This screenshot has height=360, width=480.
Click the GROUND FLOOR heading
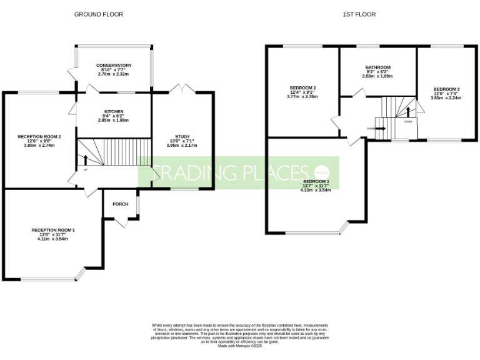pyautogui.click(x=99, y=14)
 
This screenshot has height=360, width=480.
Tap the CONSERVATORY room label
pyautogui.click(x=114, y=65)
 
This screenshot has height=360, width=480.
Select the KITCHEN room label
pyautogui.click(x=113, y=111)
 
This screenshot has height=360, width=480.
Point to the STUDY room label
pyautogui.click(x=182, y=137)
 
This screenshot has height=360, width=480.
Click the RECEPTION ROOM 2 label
pyautogui.click(x=39, y=136)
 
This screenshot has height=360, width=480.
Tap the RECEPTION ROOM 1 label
pyautogui.click(x=53, y=230)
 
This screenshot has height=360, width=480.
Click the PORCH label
pyautogui.click(x=120, y=204)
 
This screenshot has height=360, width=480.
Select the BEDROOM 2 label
pyautogui.click(x=302, y=87)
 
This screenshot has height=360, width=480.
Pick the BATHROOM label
pyautogui.click(x=378, y=67)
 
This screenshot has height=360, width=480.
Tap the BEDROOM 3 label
pyautogui.click(x=446, y=89)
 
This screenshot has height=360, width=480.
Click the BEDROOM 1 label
pyautogui.click(x=315, y=181)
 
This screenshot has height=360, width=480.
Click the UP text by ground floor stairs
pyautogui.click(x=85, y=169)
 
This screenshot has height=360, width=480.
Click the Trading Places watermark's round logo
pyautogui.click(x=321, y=172)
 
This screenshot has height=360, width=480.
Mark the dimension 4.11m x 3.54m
pyautogui.click(x=53, y=238)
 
